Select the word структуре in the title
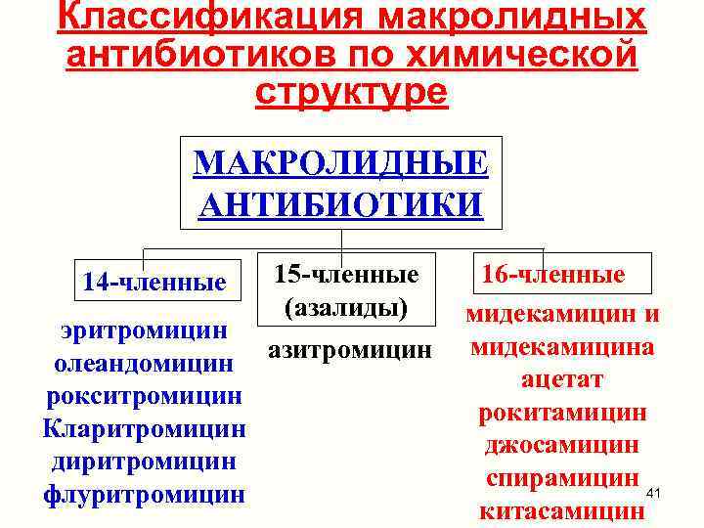tap(351, 91)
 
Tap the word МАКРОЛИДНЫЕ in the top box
tap(340, 161)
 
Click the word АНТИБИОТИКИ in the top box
tap(340, 204)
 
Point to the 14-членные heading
tap(154, 284)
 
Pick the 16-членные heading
tap(553, 275)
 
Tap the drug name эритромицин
tap(145, 330)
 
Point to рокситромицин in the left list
tap(145, 397)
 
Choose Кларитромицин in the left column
tap(145, 429)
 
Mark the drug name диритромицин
tap(145, 462)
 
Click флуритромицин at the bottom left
tap(145, 495)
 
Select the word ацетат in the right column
tap(562, 379)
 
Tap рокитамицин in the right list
tap(562, 413)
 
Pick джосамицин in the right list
tap(562, 445)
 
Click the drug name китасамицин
tap(562, 510)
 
